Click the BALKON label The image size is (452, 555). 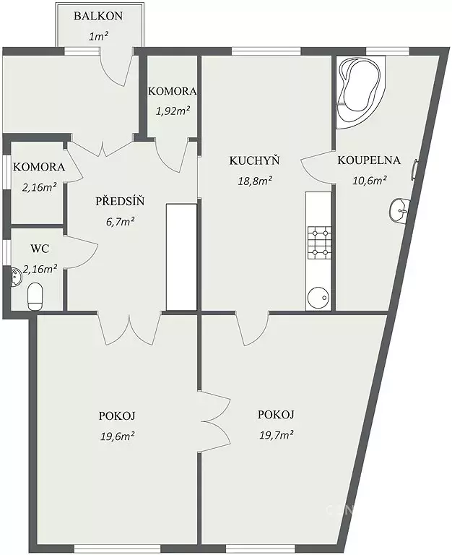(98, 16)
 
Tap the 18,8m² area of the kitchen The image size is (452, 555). (255, 181)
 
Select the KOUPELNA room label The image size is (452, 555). (369, 160)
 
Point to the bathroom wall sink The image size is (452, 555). (400, 210)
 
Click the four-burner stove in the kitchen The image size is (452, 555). (320, 242)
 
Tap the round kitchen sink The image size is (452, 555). (319, 297)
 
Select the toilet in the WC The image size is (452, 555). (35, 296)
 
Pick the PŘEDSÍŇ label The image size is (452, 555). (121, 202)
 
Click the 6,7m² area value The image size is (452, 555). (121, 222)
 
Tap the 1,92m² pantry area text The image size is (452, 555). (173, 111)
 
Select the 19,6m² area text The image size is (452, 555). (118, 436)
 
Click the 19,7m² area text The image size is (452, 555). (277, 434)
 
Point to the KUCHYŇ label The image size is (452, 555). (255, 160)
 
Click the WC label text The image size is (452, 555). (40, 249)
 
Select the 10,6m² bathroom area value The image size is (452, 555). (369, 181)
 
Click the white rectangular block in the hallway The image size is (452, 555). (181, 257)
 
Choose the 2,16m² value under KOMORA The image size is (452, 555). (40, 187)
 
